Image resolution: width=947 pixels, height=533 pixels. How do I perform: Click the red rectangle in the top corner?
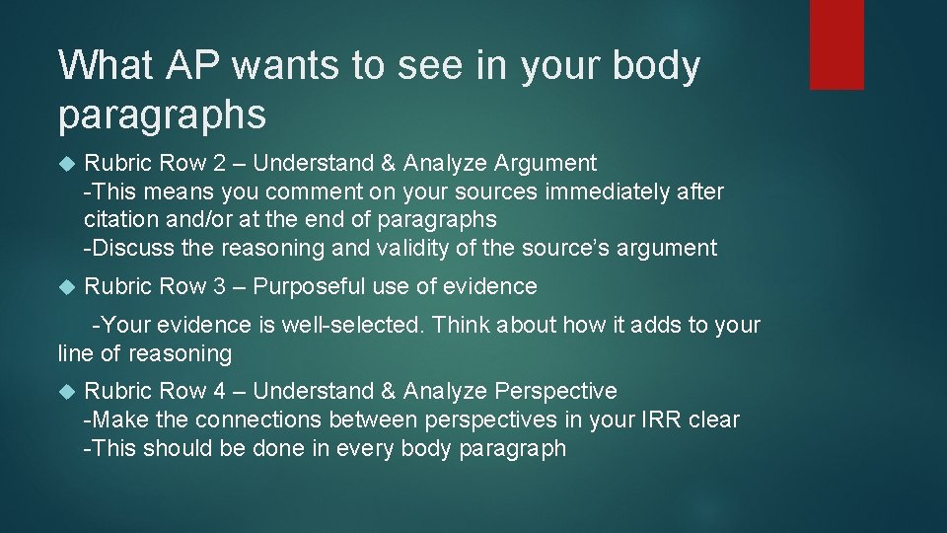click(837, 44)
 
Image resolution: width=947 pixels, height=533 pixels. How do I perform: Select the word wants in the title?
click(274, 66)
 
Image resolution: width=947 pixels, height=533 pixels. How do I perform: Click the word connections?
click(258, 419)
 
